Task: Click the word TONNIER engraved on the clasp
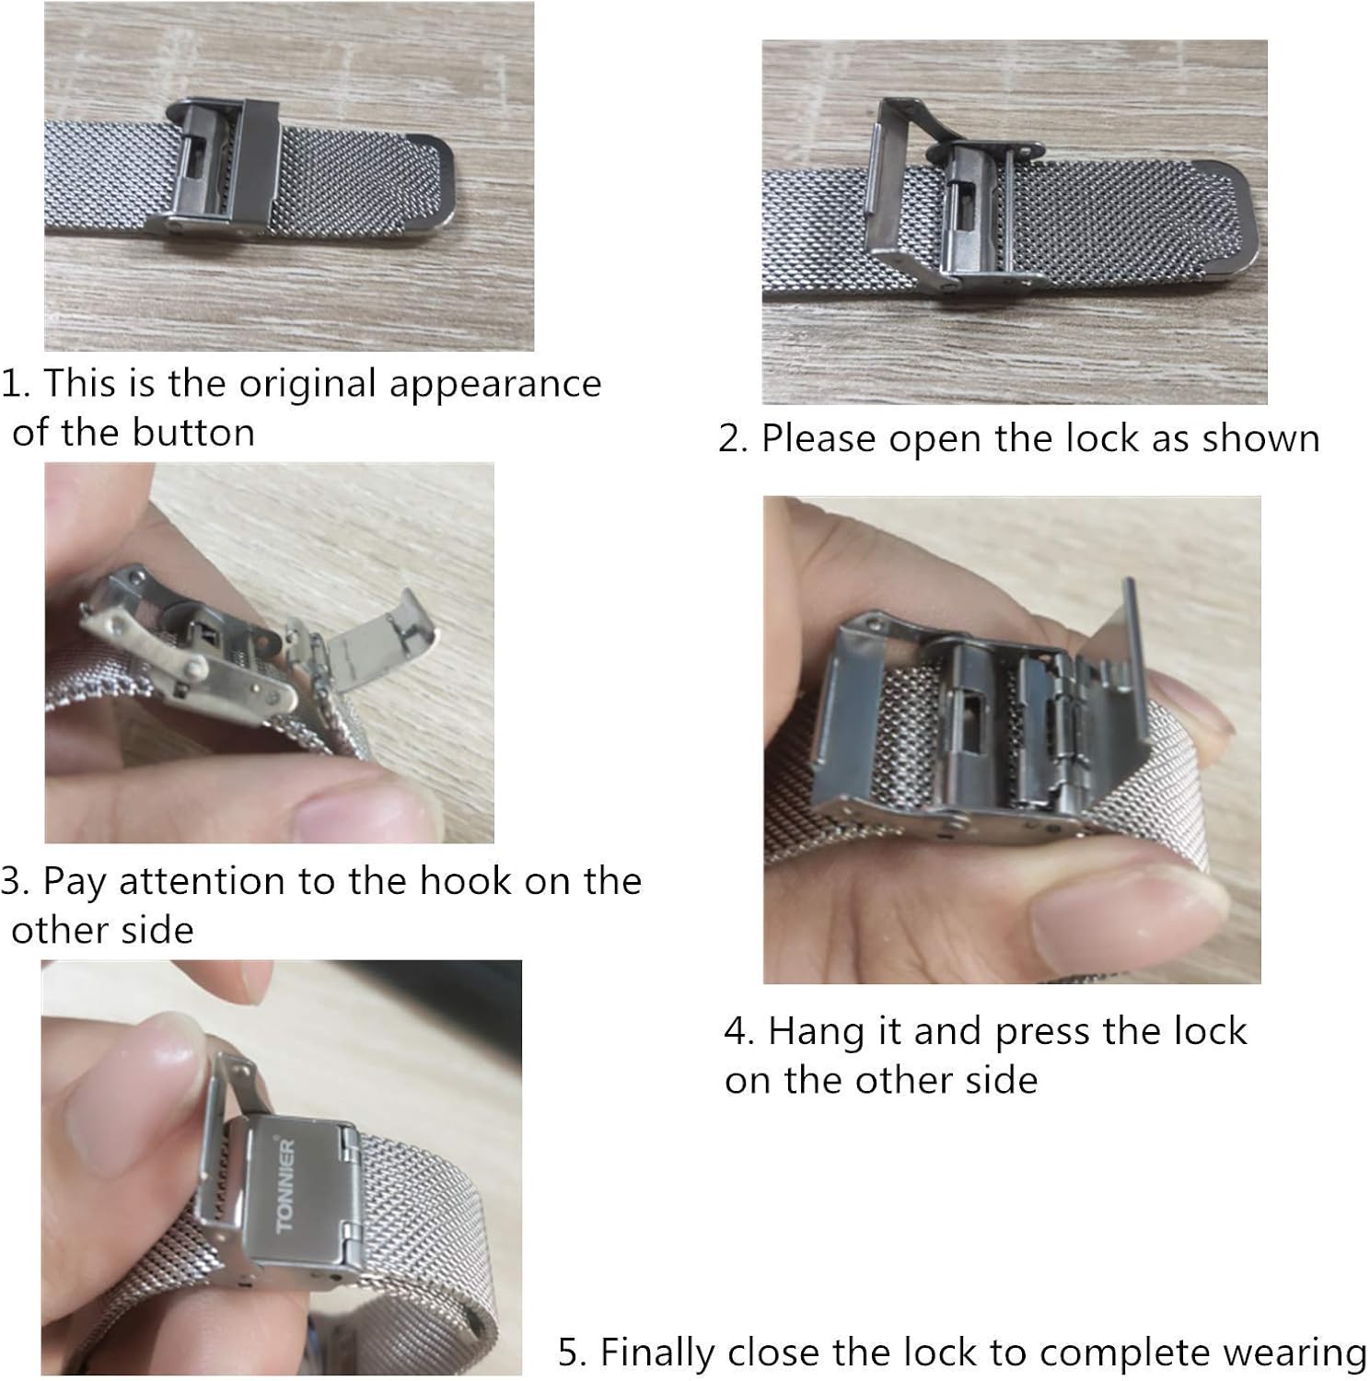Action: (285, 1185)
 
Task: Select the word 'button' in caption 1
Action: (193, 432)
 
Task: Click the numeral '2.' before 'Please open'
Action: (734, 438)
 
